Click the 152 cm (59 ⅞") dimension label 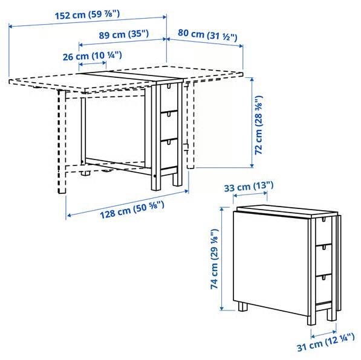87,15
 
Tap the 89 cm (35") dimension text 124,34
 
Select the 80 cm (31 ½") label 207,35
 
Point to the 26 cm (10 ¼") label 93,56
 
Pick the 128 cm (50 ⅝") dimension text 132,210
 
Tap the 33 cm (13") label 249,186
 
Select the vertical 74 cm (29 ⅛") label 214,259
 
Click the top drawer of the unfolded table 169,97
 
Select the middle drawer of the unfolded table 169,126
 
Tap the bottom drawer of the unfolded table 169,153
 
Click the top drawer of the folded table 324,231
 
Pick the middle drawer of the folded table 324,259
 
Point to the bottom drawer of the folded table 324,289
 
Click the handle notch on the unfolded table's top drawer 169,86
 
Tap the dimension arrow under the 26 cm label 93,63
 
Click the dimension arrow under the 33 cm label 250,194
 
